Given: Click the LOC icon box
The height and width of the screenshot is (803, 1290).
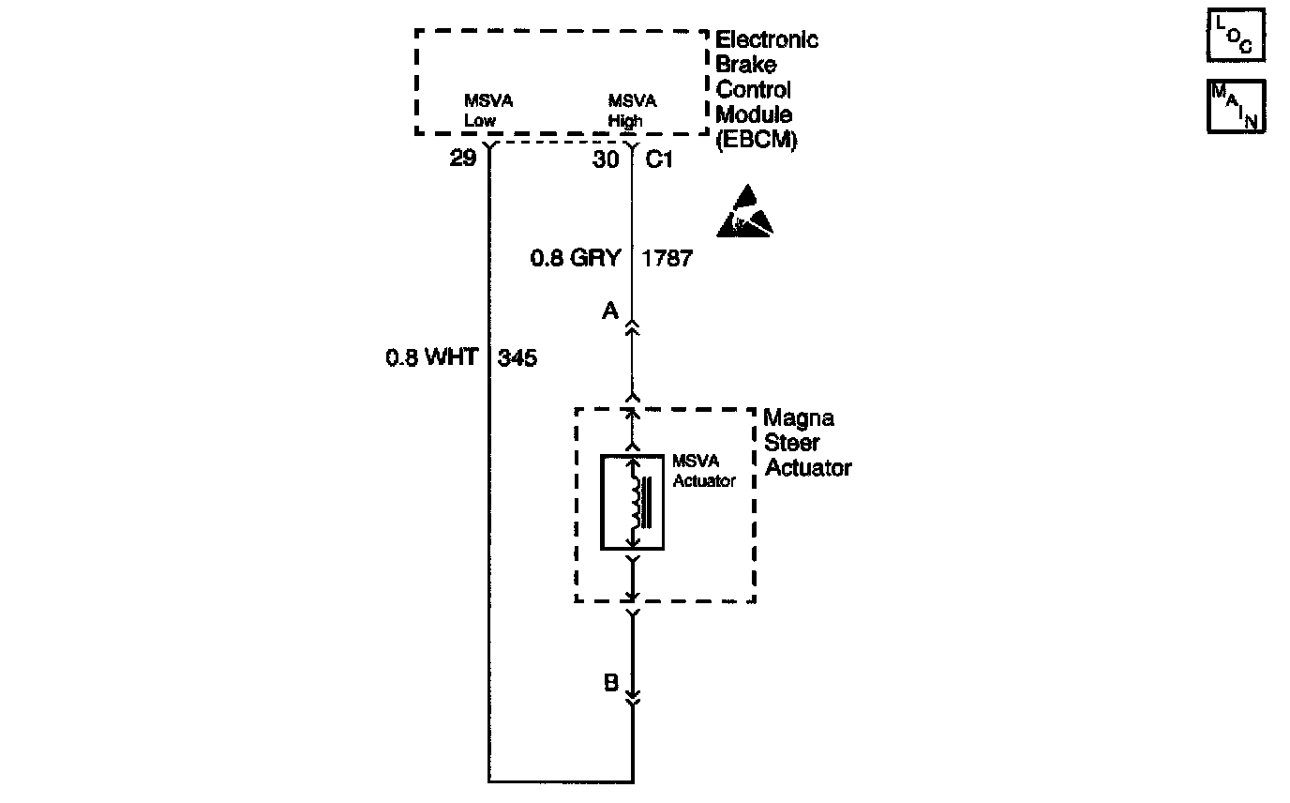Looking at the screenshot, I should point(1236,36).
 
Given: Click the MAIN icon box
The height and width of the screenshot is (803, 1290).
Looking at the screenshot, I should point(1236,105).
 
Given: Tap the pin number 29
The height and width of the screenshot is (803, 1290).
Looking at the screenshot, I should point(462,159).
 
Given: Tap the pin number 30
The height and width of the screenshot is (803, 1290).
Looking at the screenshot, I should point(606,159).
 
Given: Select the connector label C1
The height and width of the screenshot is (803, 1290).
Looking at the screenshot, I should point(660,159).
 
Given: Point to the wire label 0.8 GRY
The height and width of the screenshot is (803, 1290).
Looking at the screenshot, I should point(576,258).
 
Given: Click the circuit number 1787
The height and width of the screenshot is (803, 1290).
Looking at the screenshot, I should point(667,258).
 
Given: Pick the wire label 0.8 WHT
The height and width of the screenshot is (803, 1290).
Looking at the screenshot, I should point(432,357).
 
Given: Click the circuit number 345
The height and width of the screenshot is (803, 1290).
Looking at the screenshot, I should point(517,357).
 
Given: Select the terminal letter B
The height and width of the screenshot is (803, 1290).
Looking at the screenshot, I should point(610,683).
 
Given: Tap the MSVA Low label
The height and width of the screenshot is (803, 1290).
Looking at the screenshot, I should point(488,110).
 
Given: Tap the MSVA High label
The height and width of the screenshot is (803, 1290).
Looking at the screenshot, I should point(633,110).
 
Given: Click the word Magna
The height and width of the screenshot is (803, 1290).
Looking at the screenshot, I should point(799,417).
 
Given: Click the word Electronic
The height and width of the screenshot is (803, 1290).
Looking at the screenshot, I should point(766,40).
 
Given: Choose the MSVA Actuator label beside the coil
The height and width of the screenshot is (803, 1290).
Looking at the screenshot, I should point(703,471).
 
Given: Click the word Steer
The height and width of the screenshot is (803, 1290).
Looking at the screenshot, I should point(792,442).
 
